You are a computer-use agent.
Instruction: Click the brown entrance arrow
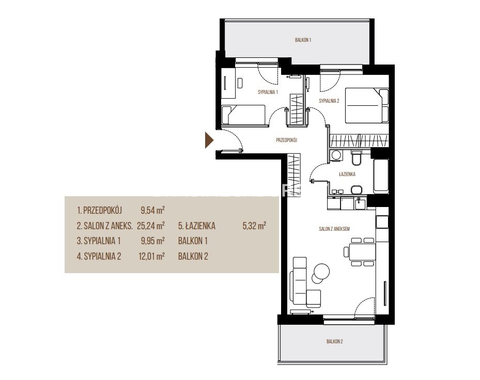209,140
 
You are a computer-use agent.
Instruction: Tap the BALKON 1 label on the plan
303,40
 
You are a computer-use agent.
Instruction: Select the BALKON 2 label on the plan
334,341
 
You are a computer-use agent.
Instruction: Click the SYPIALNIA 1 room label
268,92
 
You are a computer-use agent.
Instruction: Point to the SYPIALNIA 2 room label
329,101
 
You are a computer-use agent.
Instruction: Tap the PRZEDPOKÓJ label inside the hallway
287,140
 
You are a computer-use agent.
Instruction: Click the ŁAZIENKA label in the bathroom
347,174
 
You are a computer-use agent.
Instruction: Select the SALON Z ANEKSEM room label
334,229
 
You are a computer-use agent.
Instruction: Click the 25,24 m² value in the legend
151,226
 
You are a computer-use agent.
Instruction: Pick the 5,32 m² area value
254,226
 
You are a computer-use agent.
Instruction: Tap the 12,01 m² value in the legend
151,256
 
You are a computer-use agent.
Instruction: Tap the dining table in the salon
363,251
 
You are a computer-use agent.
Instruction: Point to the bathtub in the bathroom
381,176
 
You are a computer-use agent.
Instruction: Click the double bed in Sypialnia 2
367,105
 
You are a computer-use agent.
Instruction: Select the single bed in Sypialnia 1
243,115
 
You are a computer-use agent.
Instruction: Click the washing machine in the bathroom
336,155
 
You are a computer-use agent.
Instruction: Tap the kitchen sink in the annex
360,203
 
